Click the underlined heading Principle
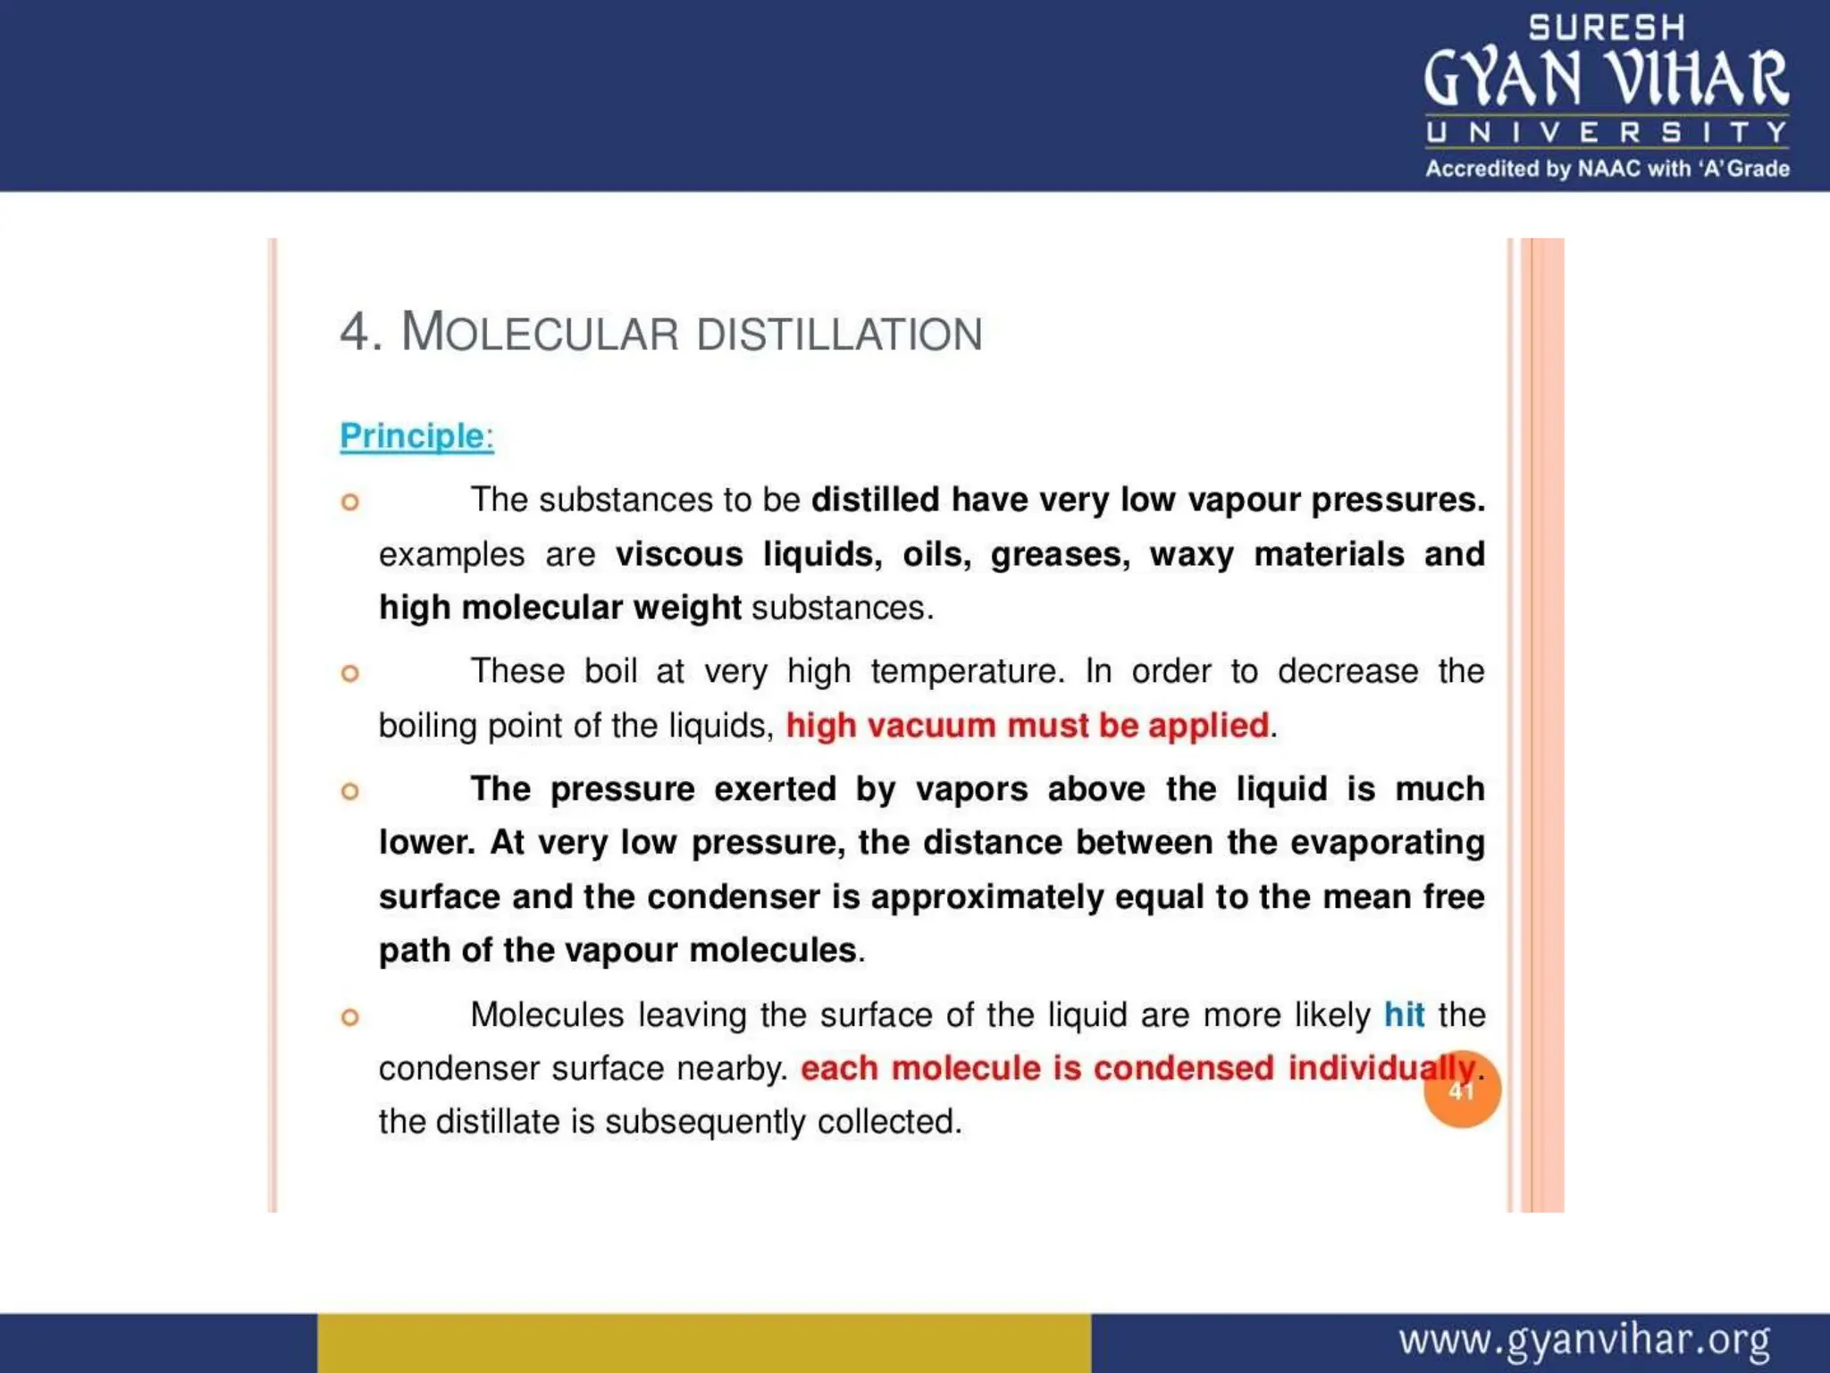[416, 436]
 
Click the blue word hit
[1404, 1015]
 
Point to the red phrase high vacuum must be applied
[1027, 725]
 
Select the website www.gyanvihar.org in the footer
[1584, 1341]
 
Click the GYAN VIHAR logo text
[1606, 79]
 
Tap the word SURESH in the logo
[1607, 28]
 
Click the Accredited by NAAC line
[1607, 169]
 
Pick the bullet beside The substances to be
[350, 501]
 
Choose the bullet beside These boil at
[350, 673]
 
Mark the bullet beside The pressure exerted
[350, 791]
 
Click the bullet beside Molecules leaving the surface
[350, 1017]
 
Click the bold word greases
[1060, 555]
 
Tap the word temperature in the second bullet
[968, 671]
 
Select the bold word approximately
[987, 897]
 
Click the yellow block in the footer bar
[704, 1343]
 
